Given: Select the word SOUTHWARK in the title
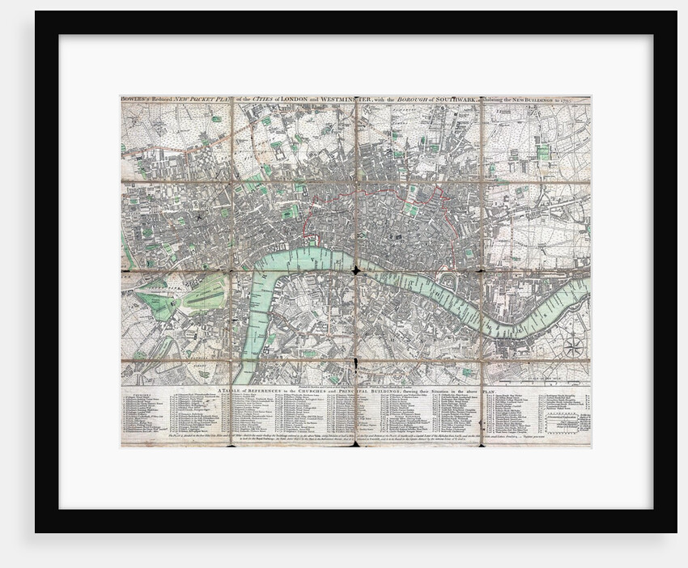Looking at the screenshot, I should pos(453,100).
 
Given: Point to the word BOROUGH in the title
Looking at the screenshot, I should pos(406,100).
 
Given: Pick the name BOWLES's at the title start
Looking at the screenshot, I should pos(134,100).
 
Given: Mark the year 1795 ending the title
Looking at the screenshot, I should pos(580,100).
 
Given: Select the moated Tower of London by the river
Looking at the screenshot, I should pos(447,280).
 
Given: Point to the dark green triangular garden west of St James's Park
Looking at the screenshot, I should pos(155,305).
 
